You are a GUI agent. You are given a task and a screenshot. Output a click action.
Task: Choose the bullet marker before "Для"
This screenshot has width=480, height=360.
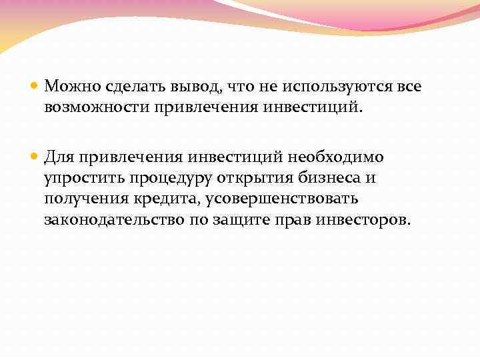pos(35,157)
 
